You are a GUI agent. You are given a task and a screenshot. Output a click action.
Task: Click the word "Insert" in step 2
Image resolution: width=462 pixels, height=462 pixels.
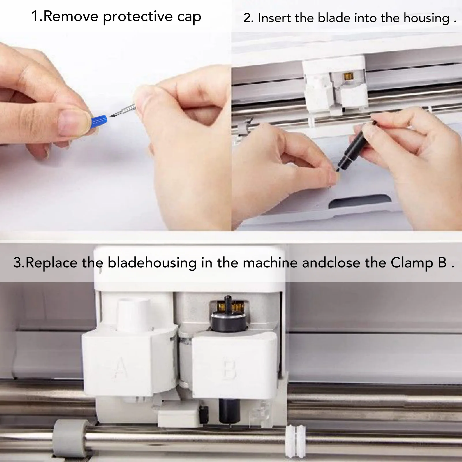[x=274, y=18]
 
